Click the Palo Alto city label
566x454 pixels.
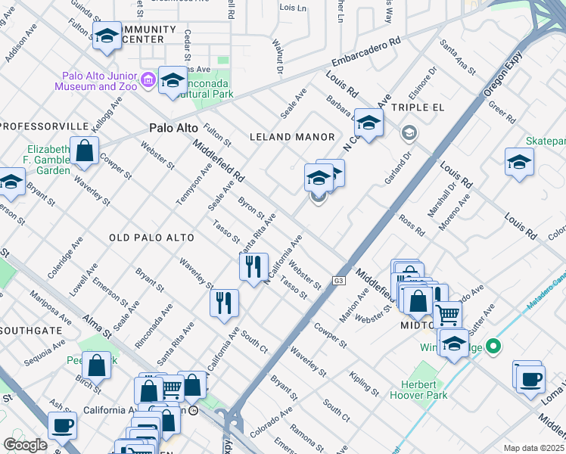click(x=173, y=129)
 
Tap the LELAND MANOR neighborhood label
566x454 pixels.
click(x=292, y=137)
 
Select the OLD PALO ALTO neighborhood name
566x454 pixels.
click(x=151, y=238)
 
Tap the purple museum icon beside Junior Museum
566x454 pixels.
click(x=148, y=78)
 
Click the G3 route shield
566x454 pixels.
click(x=337, y=281)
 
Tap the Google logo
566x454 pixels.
click(x=25, y=445)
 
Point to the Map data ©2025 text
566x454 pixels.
click(x=533, y=447)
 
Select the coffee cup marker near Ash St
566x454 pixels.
click(x=62, y=425)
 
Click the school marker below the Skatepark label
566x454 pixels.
click(x=518, y=162)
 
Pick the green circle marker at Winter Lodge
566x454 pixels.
click(x=493, y=348)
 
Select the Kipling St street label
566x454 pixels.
click(x=364, y=384)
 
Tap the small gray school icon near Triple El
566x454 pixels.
click(x=409, y=134)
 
